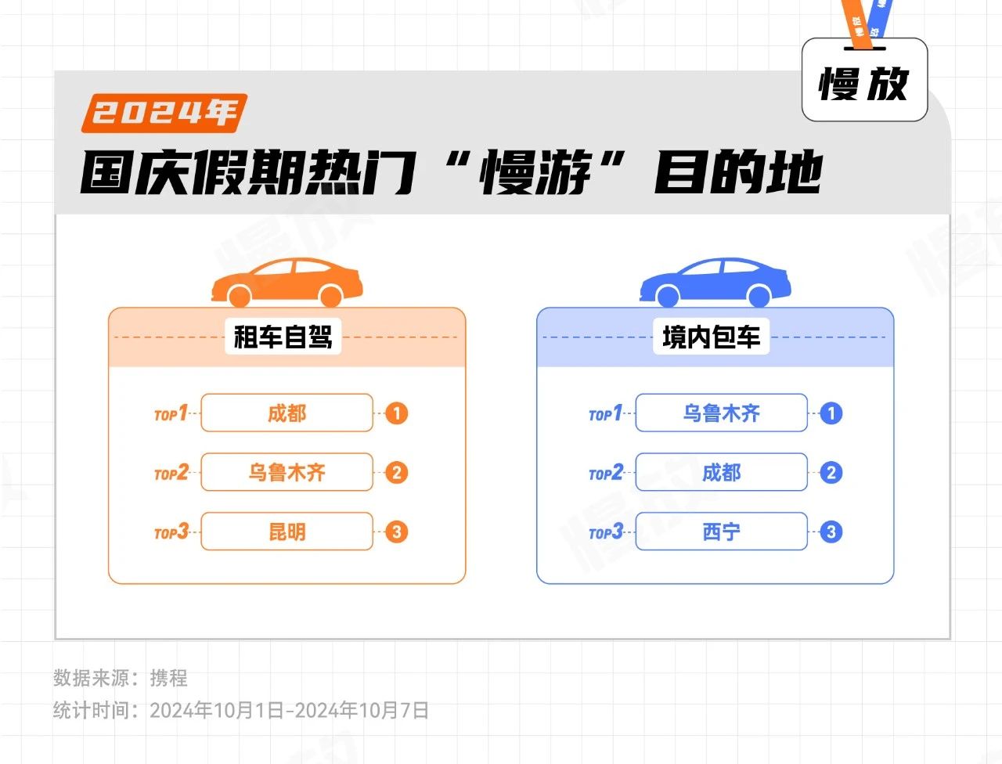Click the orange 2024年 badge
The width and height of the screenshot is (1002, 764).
coord(164,113)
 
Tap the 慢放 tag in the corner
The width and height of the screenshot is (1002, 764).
coord(864,81)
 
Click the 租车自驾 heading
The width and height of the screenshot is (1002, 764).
coord(283,337)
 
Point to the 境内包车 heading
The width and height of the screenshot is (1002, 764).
coord(711,337)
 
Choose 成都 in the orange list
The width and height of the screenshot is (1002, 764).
coord(287,413)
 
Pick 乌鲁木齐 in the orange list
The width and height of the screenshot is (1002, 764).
coord(287,473)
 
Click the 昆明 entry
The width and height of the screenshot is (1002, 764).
coord(287,532)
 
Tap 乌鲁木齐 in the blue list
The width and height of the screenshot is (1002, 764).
coord(721,413)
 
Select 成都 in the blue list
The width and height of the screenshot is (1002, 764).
coord(721,473)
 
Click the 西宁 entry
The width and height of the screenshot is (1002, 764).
coord(721,532)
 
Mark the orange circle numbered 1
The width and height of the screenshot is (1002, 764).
coord(397,413)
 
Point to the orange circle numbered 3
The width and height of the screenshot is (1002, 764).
coord(397,532)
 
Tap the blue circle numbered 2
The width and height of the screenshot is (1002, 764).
coord(831,473)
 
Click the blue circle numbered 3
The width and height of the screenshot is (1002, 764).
coord(831,532)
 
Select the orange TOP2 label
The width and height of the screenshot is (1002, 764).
coord(171,473)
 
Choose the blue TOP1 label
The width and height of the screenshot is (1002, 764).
coord(606,413)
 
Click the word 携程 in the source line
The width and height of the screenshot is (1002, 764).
coord(169,678)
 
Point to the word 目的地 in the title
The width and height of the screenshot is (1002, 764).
coord(738,172)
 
